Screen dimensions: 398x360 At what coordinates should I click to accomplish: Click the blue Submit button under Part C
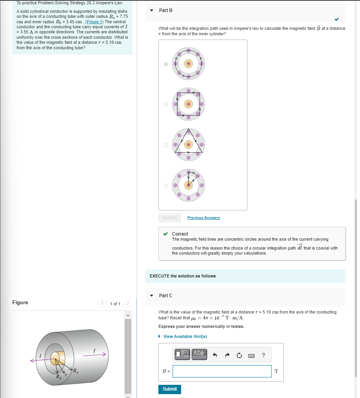(x=170, y=389)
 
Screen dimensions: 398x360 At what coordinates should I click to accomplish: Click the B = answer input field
(x=222, y=371)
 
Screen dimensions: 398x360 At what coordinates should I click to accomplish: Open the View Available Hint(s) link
(x=185, y=336)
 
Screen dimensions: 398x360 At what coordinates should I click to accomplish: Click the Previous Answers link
(x=203, y=218)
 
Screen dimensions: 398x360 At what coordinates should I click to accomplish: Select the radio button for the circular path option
(x=166, y=64)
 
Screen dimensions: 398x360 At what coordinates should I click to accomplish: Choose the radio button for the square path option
(x=166, y=104)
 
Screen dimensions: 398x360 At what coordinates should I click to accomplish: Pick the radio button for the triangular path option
(x=166, y=145)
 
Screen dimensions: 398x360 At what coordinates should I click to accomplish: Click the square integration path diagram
(x=189, y=104)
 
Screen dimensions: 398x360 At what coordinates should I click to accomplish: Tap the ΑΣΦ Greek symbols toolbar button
(x=199, y=354)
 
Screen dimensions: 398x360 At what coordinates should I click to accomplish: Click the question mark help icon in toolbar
(x=264, y=355)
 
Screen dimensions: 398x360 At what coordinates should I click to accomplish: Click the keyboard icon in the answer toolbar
(x=251, y=355)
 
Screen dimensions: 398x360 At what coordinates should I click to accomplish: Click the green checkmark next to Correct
(x=166, y=234)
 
